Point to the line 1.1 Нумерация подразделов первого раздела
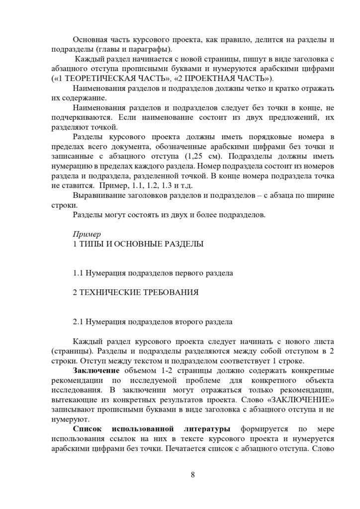click(x=153, y=273)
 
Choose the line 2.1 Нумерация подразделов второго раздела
click(x=153, y=322)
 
